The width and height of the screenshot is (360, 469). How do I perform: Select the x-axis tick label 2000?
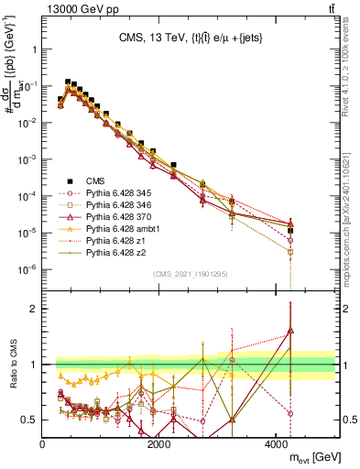click(159, 444)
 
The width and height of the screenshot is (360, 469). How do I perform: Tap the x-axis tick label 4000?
click(277, 444)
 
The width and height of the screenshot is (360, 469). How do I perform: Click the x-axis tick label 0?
click(43, 444)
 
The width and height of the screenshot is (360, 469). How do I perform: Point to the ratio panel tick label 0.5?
click(29, 420)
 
